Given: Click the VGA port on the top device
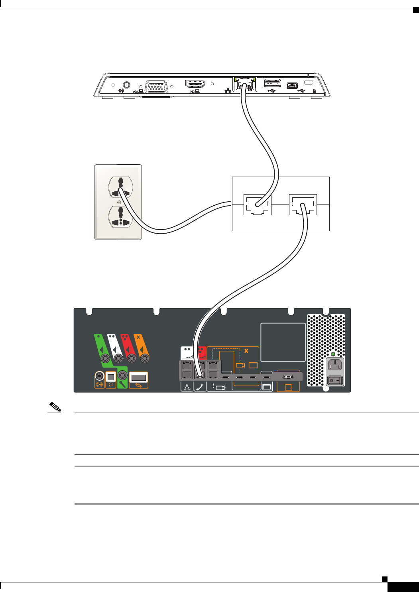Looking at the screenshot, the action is coord(156,87).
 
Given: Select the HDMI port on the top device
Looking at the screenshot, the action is coord(195,84).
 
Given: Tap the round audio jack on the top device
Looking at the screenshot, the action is coord(127,85).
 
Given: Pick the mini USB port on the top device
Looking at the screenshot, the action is coord(292,85).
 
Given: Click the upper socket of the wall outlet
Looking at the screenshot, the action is coord(120,187).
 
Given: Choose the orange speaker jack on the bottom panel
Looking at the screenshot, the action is coord(144,358).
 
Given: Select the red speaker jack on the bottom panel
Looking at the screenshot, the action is coord(131,358).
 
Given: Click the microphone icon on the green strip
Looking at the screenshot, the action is coord(122,384).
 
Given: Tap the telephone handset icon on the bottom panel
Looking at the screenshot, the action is coord(200,387).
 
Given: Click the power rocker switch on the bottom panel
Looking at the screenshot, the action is coord(335,380).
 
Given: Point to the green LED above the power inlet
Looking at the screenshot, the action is coord(333,354).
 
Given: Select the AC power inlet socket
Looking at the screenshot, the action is coord(335,365).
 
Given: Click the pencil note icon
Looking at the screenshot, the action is coord(55,407).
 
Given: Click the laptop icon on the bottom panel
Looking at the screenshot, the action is coord(288,387).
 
